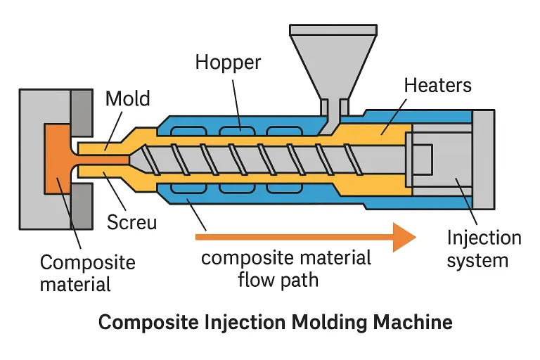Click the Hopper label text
[x=227, y=63]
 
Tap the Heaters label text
[x=437, y=86]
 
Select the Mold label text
[x=128, y=98]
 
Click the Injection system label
[x=484, y=249]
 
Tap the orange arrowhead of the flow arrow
[x=404, y=237]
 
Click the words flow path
[x=278, y=279]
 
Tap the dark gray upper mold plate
[x=82, y=113]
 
